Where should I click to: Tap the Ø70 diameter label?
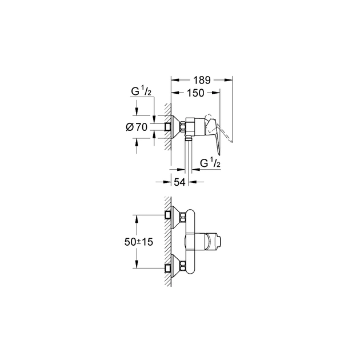coord(137,127)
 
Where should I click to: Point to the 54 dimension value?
coord(180,182)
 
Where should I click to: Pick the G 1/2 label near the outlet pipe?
coord(210,165)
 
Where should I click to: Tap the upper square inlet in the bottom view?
coord(168,215)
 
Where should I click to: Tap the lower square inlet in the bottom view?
coord(168,266)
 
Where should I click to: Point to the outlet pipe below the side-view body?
coord(189,154)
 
